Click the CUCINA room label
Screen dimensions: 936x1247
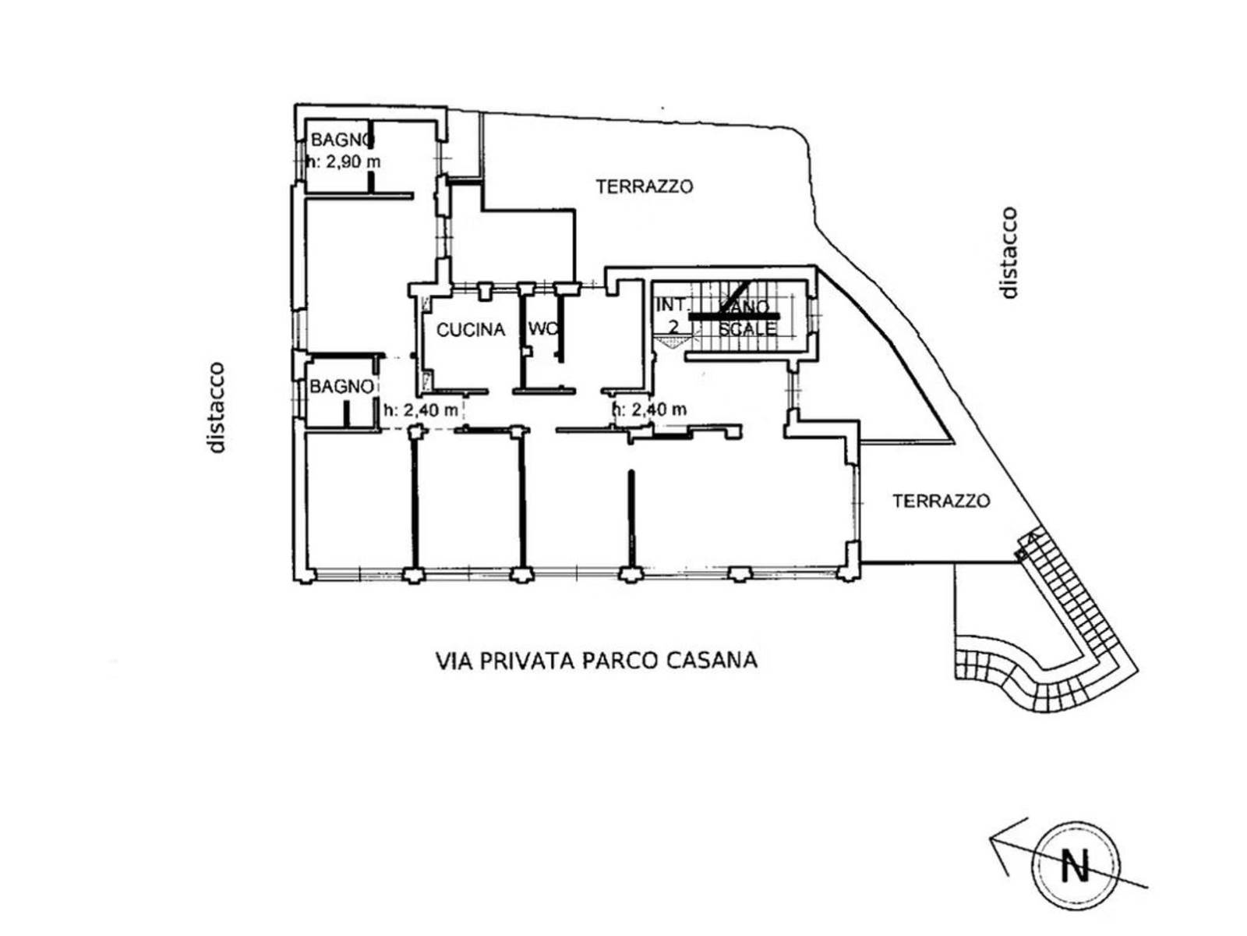tap(470, 330)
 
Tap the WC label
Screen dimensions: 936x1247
tap(543, 328)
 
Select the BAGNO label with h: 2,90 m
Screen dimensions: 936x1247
tap(341, 140)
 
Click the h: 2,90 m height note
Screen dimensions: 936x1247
tap(344, 162)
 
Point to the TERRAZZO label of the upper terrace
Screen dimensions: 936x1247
tap(644, 186)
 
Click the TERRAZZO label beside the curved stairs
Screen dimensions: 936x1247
tap(941, 501)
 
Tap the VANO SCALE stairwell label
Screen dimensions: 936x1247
tap(747, 318)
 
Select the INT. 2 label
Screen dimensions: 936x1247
tap(672, 316)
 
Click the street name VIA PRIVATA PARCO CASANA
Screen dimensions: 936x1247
tap(596, 661)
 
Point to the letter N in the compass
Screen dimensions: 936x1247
tap(1076, 865)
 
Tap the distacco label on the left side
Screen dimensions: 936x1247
tap(217, 407)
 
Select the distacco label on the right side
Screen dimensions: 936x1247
tap(1009, 252)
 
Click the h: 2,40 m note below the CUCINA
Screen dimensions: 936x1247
tap(420, 409)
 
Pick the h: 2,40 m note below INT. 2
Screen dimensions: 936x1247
tap(650, 409)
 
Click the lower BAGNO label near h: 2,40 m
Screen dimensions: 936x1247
tap(341, 386)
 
